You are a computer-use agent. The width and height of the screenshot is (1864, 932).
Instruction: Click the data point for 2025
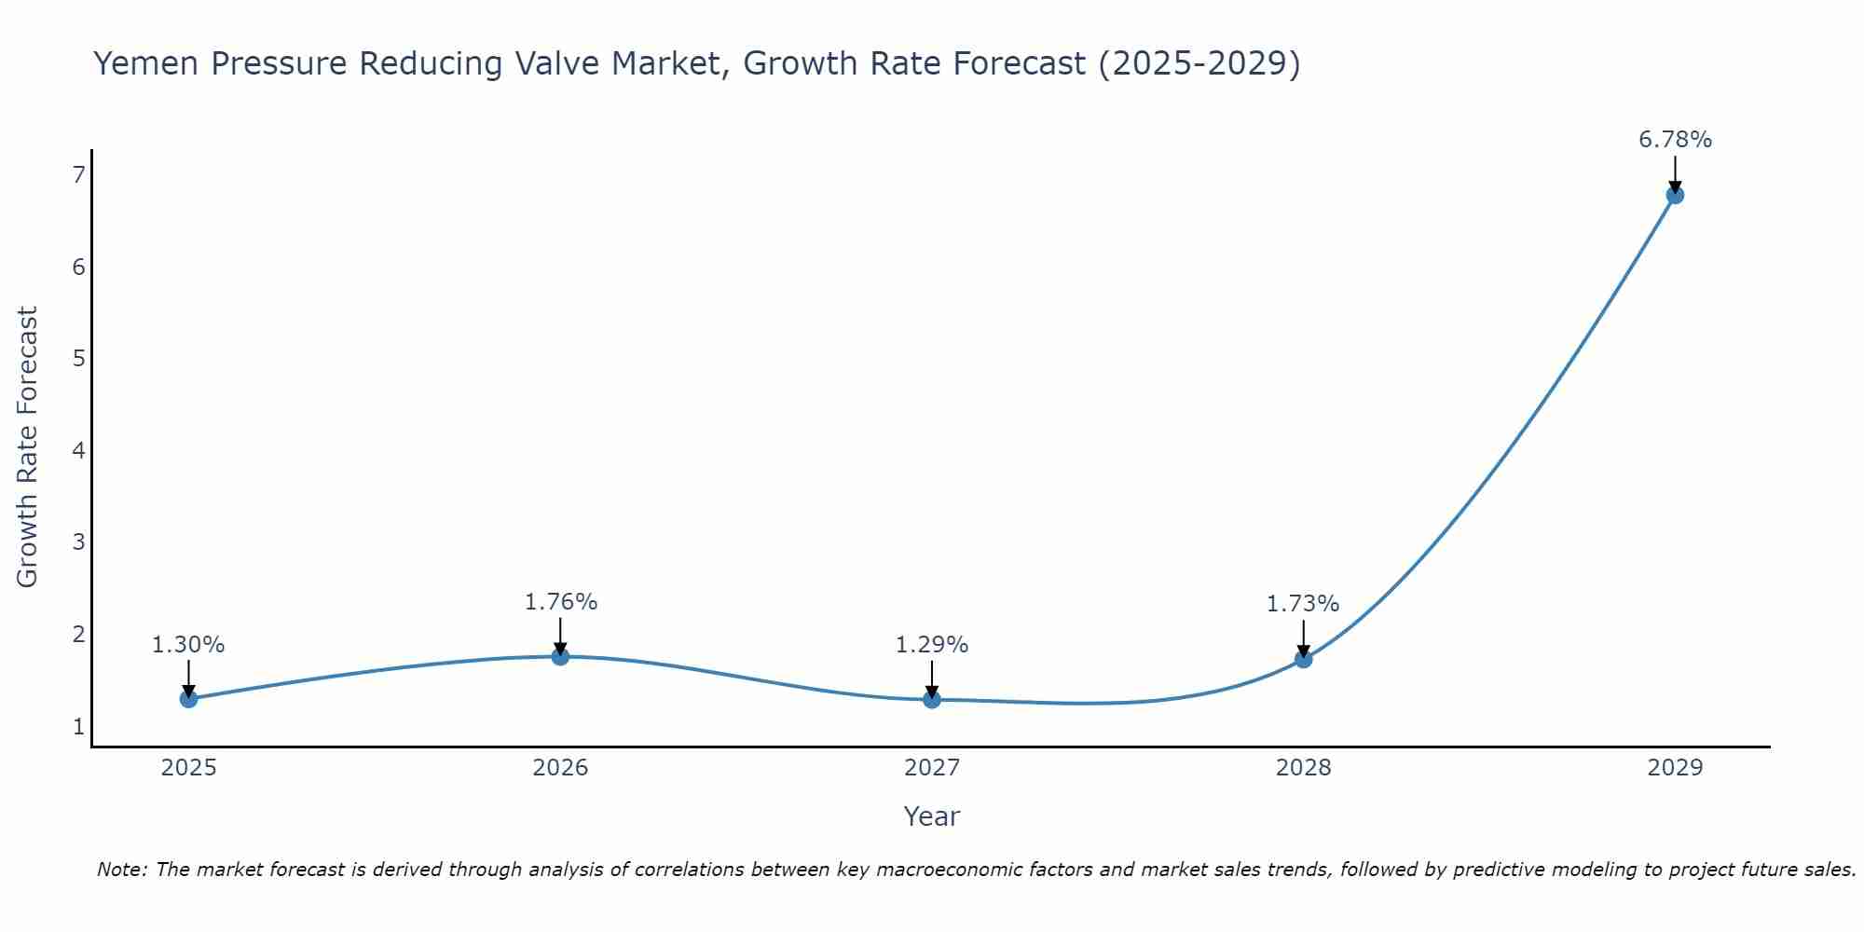(188, 699)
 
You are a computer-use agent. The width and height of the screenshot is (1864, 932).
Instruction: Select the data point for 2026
(560, 657)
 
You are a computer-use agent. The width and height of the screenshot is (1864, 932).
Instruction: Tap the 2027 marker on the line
(932, 700)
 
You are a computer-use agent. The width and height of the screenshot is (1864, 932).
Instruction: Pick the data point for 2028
(1303, 660)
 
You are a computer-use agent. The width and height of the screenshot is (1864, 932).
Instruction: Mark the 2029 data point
(1675, 196)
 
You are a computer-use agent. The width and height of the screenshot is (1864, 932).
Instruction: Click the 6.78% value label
(1675, 140)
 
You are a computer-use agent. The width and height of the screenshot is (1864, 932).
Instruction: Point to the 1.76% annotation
(560, 602)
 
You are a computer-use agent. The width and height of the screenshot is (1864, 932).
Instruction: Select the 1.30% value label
(188, 645)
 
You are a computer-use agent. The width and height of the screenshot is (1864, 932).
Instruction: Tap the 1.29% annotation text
(932, 645)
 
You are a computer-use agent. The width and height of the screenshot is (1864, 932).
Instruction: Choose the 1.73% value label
(1303, 604)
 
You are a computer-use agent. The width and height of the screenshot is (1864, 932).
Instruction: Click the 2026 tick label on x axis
(560, 768)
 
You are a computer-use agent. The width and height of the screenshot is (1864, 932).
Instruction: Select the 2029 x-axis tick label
(1675, 768)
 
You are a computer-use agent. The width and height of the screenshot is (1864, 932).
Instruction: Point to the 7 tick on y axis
(79, 175)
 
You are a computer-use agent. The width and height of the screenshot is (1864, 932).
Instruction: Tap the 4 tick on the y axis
(79, 451)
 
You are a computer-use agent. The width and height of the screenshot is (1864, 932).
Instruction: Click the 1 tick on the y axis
(79, 726)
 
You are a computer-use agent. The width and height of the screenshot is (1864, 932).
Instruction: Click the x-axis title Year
(932, 816)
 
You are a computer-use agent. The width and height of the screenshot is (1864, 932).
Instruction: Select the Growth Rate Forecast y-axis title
(28, 447)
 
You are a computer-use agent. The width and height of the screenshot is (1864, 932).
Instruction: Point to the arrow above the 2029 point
(1675, 173)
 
